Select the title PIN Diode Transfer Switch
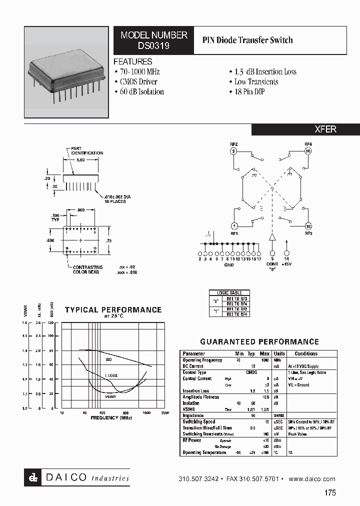(247, 40)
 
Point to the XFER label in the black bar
(325, 129)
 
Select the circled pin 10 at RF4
(308, 150)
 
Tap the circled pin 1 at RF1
(233, 226)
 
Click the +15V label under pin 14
(287, 263)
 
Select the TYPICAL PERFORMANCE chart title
(113, 310)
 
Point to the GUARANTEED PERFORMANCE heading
(259, 342)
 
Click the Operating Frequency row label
(202, 360)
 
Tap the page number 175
(330, 492)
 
